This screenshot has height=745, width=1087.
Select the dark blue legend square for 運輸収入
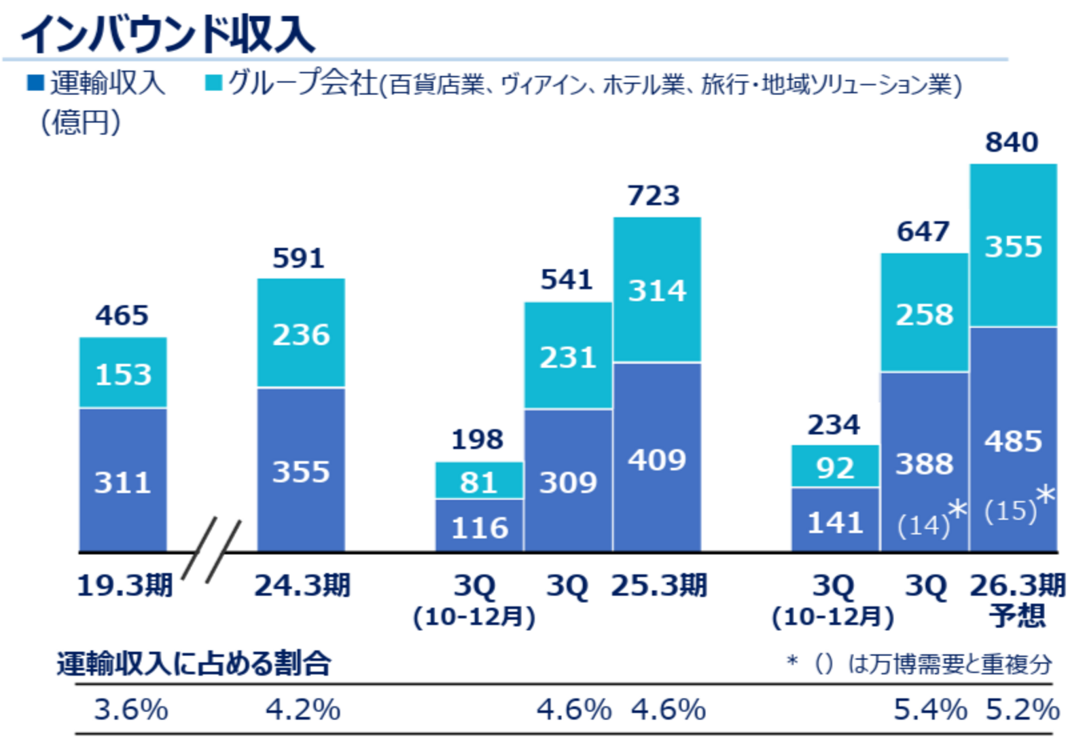(35, 83)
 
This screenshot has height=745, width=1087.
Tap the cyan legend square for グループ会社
(213, 83)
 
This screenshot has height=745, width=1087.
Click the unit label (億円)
(81, 122)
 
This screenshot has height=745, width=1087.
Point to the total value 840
(1012, 143)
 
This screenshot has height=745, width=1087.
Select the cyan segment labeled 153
(123, 374)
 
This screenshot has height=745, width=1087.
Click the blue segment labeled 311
(123, 482)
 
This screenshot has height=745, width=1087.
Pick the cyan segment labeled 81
(479, 482)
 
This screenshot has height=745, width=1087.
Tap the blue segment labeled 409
(657, 460)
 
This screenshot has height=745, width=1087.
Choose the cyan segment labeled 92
(835, 467)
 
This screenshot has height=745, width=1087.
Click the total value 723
(653, 196)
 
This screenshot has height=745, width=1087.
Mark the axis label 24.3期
(302, 585)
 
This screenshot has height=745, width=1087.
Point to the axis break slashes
(212, 550)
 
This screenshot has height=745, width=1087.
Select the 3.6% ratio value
(130, 710)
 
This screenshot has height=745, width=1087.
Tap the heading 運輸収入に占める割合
(194, 664)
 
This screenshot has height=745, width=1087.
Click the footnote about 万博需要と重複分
(920, 664)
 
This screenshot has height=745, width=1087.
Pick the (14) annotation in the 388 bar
(923, 525)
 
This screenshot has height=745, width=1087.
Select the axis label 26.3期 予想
(1017, 599)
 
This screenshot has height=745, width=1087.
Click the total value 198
(478, 439)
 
